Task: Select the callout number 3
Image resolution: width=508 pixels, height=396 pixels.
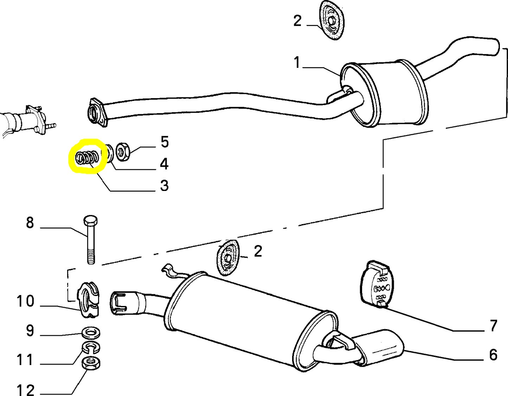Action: (x=164, y=185)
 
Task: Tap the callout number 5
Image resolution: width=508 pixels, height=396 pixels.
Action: (x=165, y=142)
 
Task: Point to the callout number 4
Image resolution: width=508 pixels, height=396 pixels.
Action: (x=164, y=164)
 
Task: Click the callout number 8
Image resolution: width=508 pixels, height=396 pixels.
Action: (x=30, y=223)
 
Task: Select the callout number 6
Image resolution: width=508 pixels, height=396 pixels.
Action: (x=493, y=355)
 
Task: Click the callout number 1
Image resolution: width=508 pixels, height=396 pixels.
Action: (x=297, y=63)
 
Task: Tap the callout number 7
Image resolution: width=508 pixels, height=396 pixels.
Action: (x=494, y=326)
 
